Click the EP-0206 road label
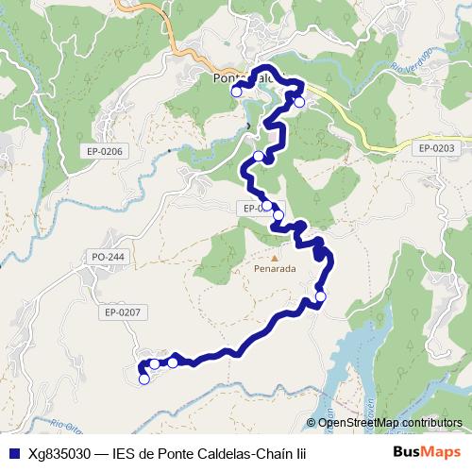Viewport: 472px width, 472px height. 105,151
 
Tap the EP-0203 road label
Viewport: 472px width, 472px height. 436,148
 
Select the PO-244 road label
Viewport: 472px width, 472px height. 109,257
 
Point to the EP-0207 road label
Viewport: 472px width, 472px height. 123,312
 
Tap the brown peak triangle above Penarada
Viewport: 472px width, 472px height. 275,256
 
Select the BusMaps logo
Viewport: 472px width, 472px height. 428,452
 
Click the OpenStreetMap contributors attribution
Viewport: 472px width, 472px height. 390,422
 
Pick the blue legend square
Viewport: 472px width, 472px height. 12,452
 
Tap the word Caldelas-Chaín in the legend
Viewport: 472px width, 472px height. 244,452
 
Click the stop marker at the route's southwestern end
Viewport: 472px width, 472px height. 143,379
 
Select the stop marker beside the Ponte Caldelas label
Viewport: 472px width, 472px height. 236,93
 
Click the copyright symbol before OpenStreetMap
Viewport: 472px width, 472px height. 312,422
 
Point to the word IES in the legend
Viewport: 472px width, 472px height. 126,452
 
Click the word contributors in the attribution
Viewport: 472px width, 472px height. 431,422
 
